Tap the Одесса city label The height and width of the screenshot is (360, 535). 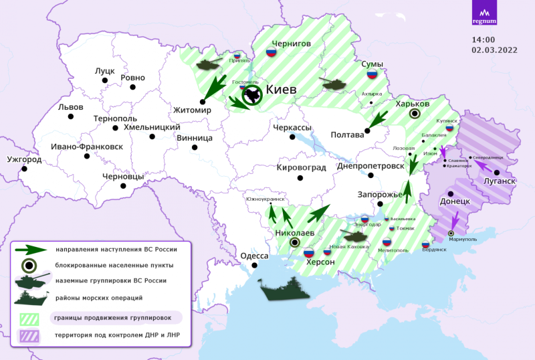click(254, 256)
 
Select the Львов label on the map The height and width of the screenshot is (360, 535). click(71, 107)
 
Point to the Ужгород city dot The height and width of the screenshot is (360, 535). click(25, 169)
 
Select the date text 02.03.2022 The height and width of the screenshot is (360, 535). click(496, 49)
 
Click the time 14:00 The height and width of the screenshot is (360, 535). click(484, 39)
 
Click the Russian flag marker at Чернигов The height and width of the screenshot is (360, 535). click(272, 52)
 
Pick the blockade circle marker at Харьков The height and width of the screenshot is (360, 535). click(415, 114)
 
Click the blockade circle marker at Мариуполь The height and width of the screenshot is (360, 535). click(451, 233)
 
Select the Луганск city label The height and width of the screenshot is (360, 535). click(496, 181)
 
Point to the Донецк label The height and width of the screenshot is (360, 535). click(455, 201)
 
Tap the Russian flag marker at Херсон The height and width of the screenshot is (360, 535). click(309, 253)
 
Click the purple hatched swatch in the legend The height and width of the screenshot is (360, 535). click(31, 335)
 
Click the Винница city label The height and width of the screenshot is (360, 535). click(195, 137)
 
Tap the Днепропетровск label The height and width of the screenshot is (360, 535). click(371, 165)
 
